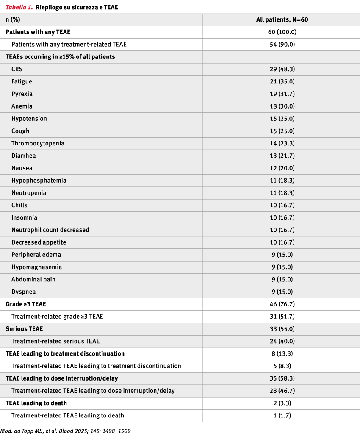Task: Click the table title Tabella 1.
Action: (19, 7)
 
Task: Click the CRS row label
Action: (17, 69)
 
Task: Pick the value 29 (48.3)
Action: (281, 69)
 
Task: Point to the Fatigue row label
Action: (22, 81)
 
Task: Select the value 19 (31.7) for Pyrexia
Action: (281, 94)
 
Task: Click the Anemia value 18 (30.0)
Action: (281, 106)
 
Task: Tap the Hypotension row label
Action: (29, 118)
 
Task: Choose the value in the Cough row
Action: (281, 131)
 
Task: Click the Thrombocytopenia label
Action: (38, 143)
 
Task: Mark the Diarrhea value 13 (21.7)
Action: (281, 156)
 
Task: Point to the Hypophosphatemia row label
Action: (39, 181)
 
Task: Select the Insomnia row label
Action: (24, 217)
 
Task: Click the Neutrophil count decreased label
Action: (50, 230)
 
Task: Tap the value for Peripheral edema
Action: (281, 255)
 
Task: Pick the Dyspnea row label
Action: (24, 292)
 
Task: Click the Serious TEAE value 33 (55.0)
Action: (281, 329)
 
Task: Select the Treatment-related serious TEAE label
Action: (55, 341)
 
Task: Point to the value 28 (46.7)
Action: (281, 391)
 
